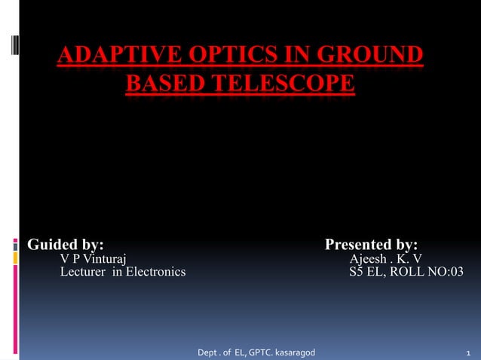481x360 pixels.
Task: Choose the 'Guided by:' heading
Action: [x=66, y=245]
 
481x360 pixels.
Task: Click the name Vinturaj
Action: [x=104, y=259]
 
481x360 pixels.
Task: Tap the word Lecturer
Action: [x=84, y=272]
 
